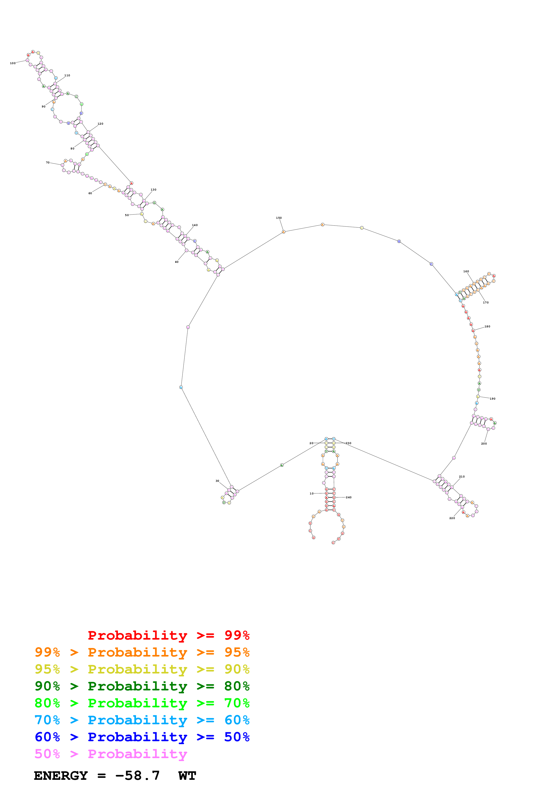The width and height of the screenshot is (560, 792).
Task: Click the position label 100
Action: coord(13,63)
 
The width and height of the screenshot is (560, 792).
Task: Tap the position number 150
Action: coord(279,218)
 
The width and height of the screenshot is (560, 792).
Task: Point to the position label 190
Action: coord(492,399)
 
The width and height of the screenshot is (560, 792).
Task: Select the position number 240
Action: coord(349,497)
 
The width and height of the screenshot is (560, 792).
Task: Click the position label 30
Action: coord(217,481)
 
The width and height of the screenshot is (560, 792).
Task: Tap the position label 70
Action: coord(48,163)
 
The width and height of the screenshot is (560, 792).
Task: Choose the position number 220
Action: coord(452,518)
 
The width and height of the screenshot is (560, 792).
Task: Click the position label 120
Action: coord(100,123)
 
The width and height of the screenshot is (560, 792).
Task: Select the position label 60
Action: coord(90,193)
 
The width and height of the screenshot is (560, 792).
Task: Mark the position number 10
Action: coord(312,494)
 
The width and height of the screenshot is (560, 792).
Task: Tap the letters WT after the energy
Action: coord(187,776)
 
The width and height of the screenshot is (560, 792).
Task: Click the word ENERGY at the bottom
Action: coord(61,776)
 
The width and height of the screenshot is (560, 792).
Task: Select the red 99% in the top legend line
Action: coord(237,635)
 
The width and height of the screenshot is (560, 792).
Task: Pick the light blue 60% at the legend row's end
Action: coord(237,720)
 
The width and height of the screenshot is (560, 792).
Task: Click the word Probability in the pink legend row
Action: coord(137,754)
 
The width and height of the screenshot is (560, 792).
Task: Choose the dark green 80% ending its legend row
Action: coord(237,686)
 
